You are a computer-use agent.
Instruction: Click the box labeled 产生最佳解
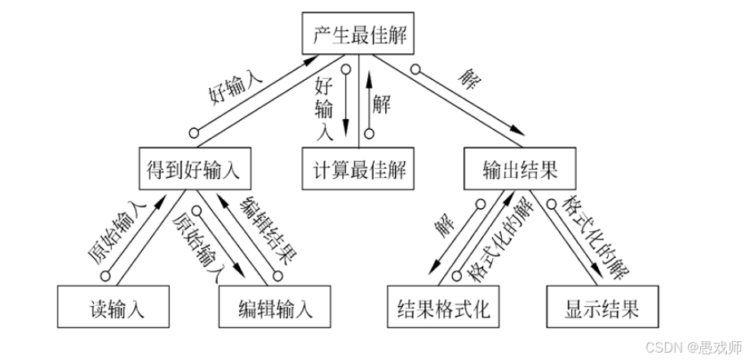pos(359,35)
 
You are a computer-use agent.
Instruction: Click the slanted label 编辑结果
pos(266,235)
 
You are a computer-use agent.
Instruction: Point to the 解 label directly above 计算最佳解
pos(380,103)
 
